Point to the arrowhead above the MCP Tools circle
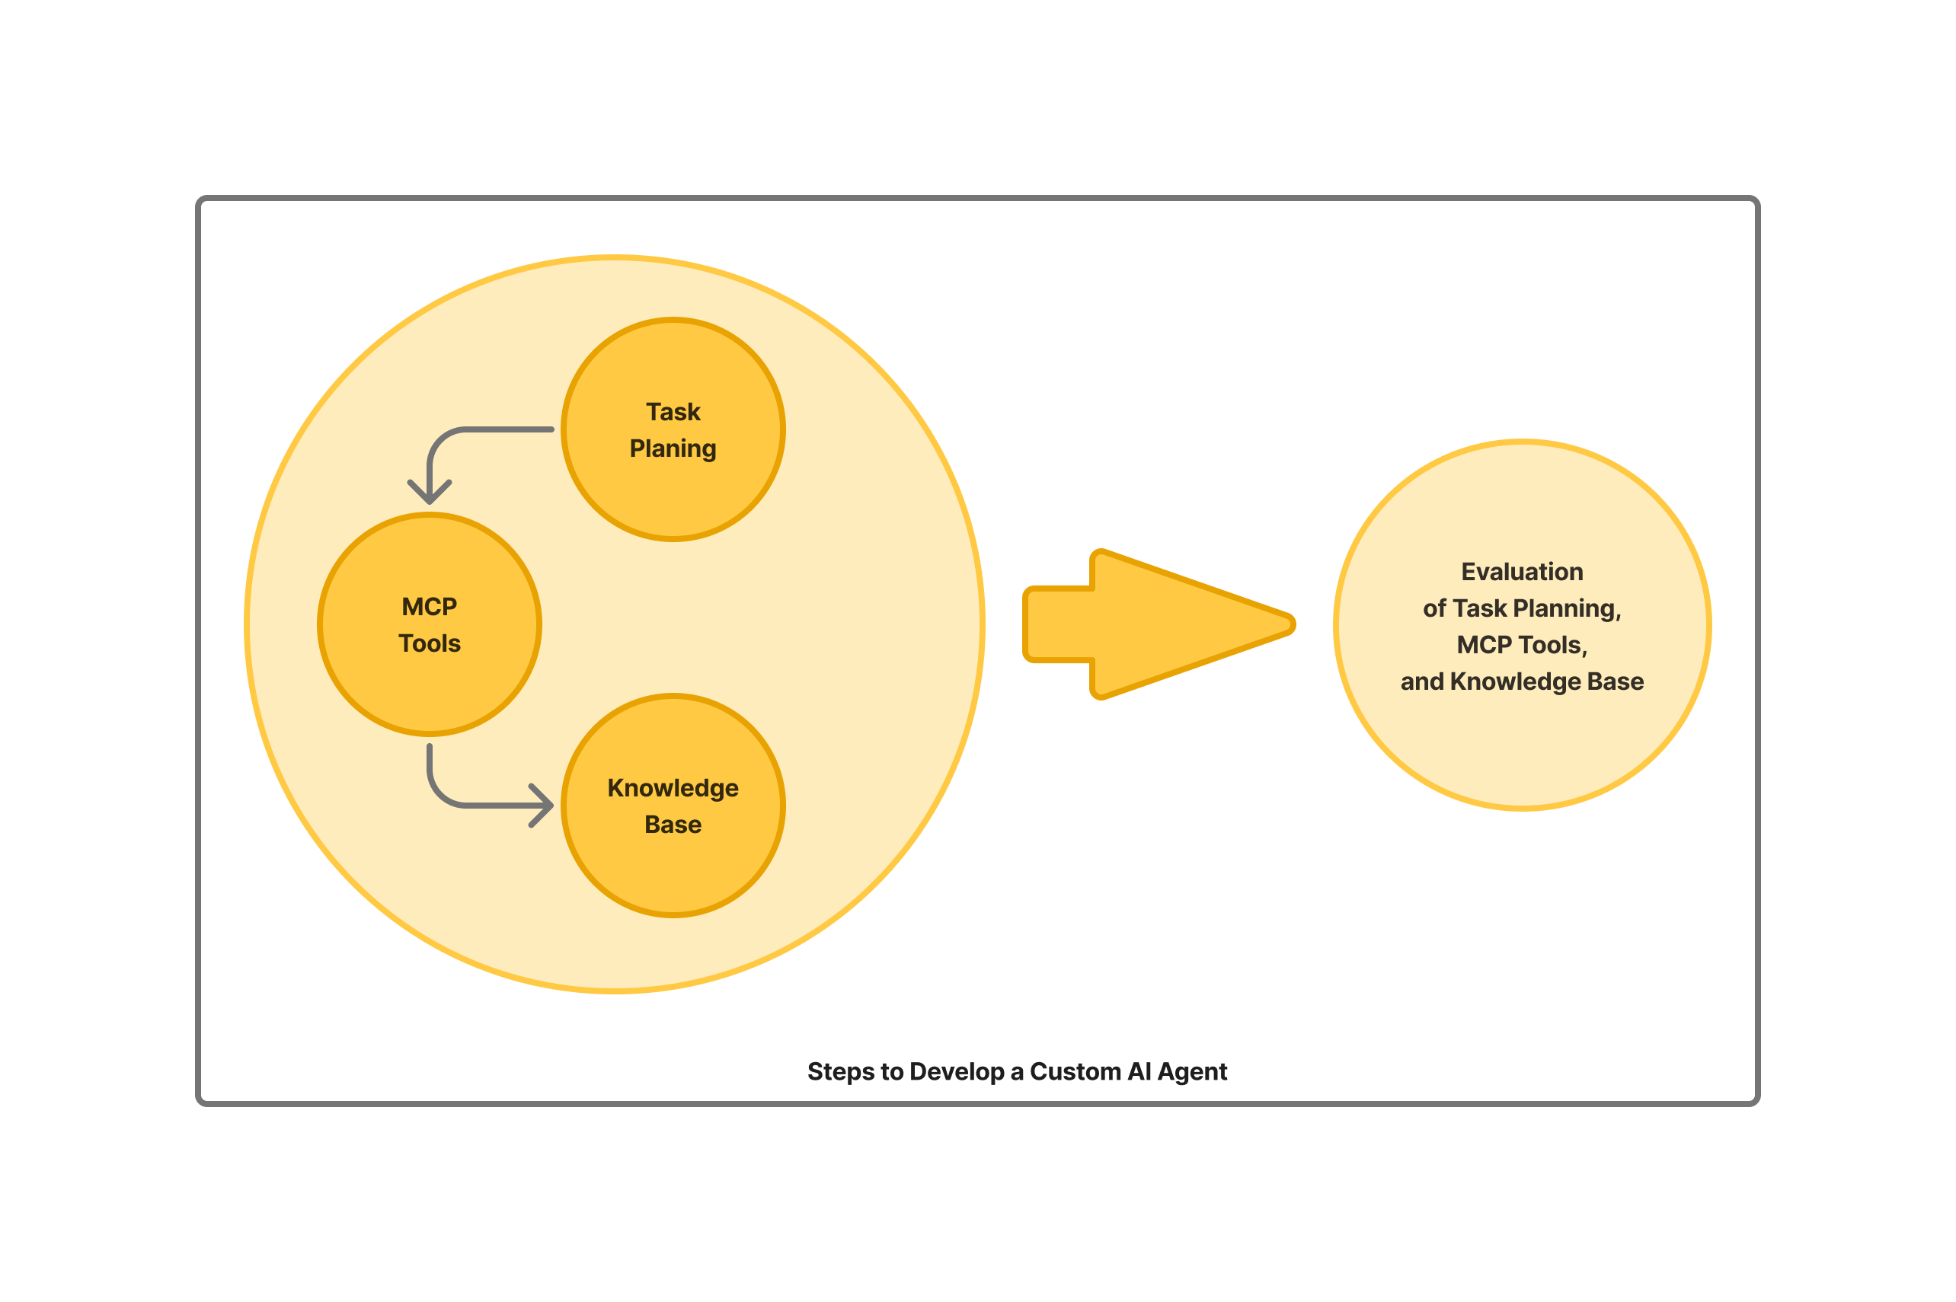[x=430, y=493]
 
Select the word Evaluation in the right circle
[x=1522, y=571]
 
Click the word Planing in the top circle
[x=673, y=448]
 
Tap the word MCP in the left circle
[x=430, y=606]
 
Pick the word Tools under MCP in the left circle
[x=430, y=643]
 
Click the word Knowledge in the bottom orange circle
[x=673, y=787]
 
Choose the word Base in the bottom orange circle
[x=673, y=824]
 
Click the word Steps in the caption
[x=841, y=1071]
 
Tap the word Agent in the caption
[x=1192, y=1071]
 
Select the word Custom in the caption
[x=1075, y=1071]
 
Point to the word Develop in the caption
[x=957, y=1071]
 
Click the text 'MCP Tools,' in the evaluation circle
[x=1522, y=644]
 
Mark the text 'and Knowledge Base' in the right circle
[x=1522, y=681]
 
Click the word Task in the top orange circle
[x=673, y=412]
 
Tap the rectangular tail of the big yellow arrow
[x=1059, y=624]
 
